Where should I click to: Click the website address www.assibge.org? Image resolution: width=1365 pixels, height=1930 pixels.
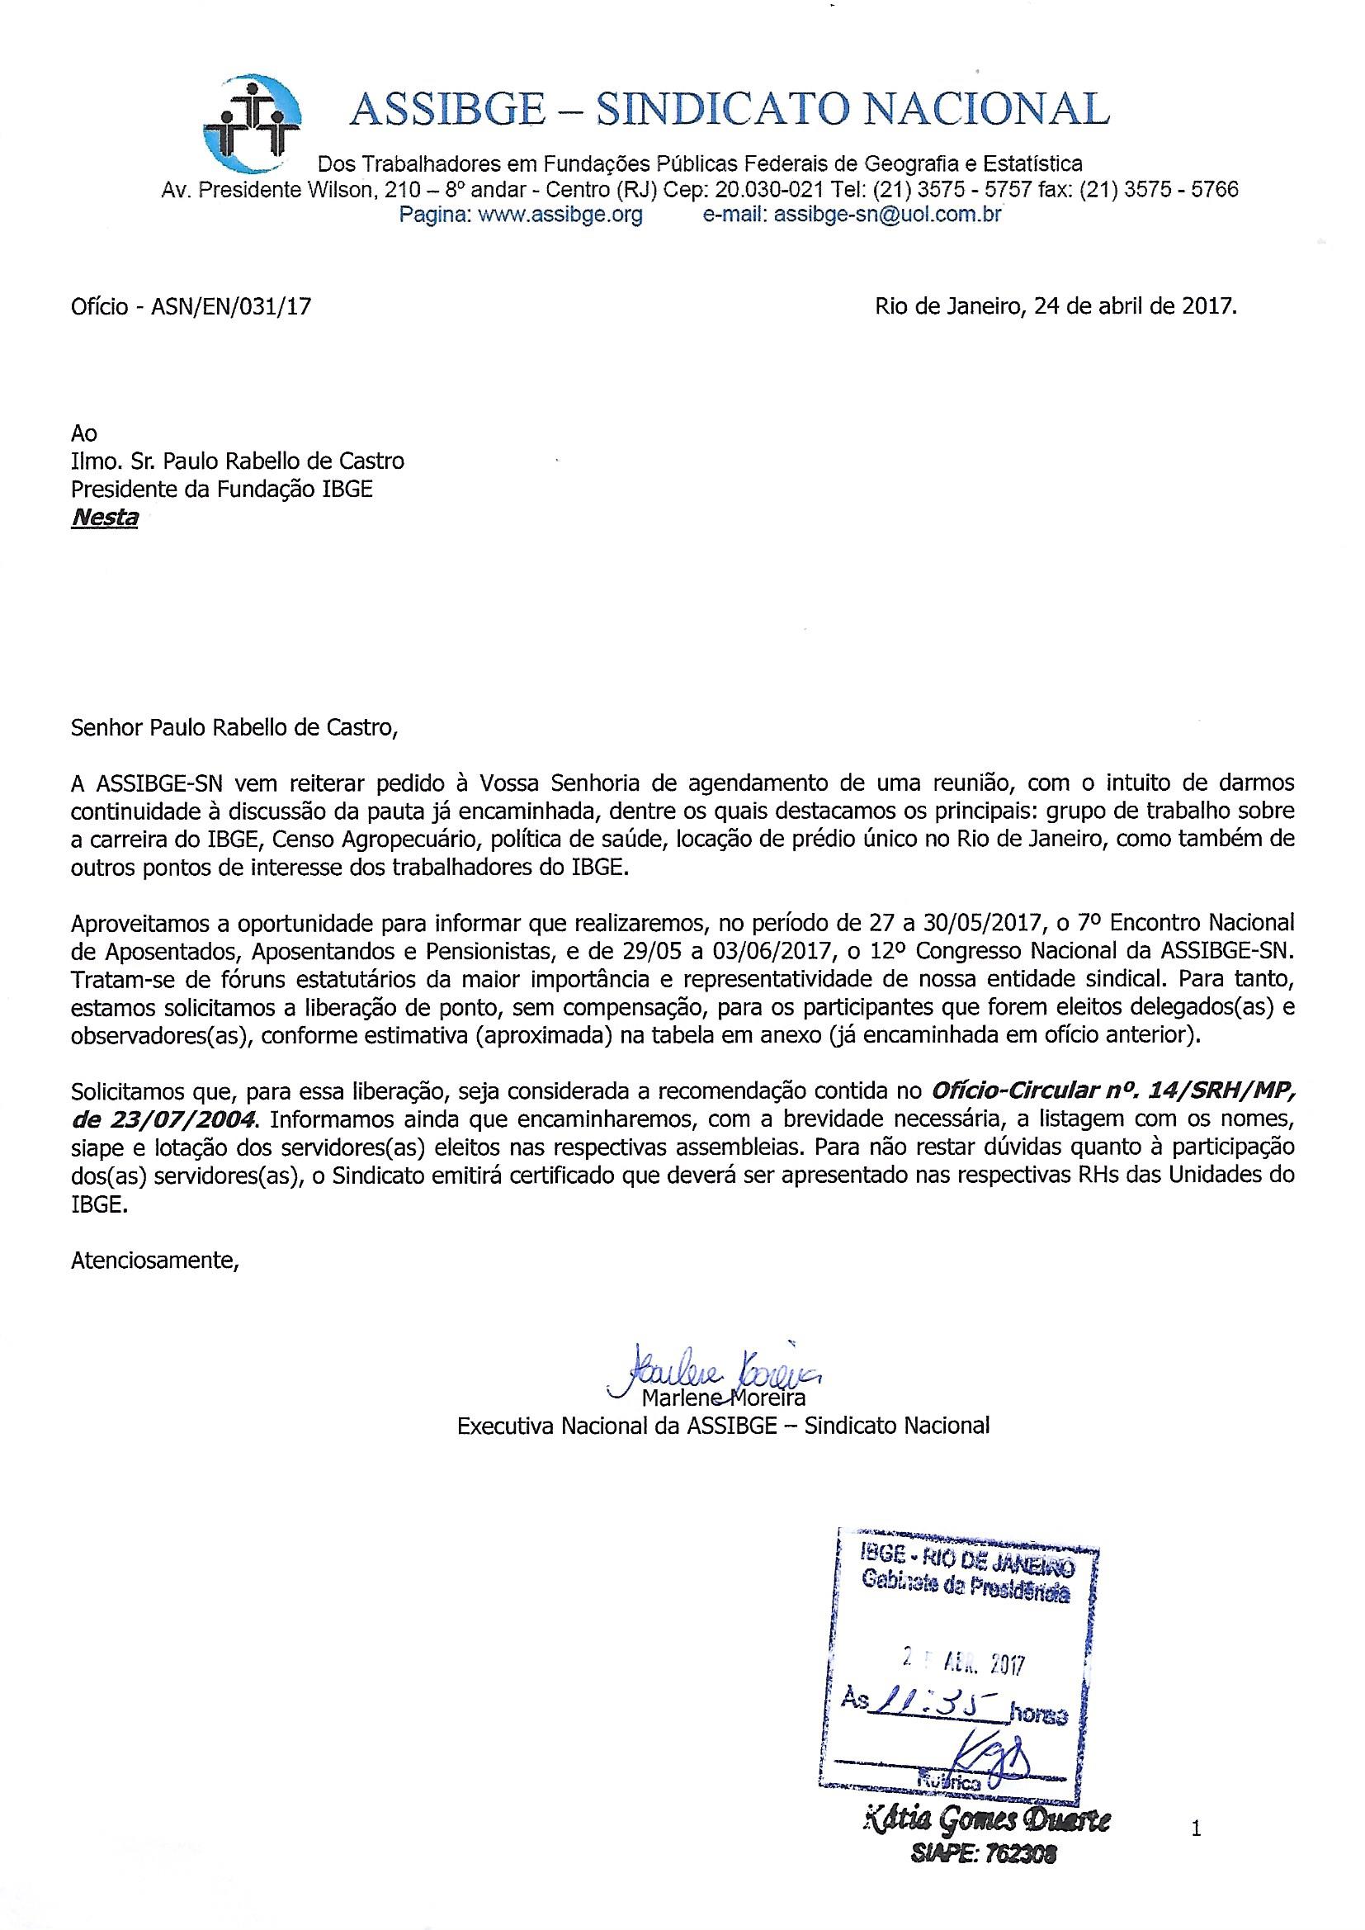coord(560,215)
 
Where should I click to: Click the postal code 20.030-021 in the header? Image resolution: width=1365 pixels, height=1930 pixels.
coord(763,190)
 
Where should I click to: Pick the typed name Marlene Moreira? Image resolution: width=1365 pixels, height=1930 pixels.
coord(723,1398)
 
